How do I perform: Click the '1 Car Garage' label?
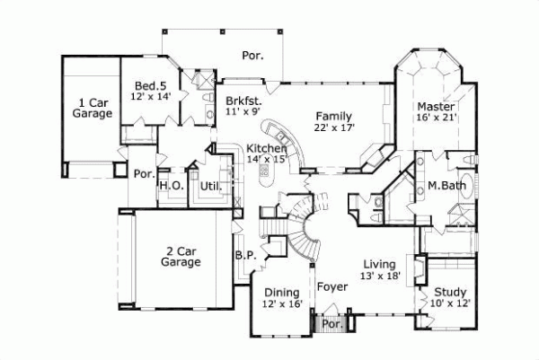(93, 108)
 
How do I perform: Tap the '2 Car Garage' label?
(181, 256)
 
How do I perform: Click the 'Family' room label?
(333, 116)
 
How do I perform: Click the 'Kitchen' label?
(267, 148)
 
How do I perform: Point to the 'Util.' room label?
(210, 186)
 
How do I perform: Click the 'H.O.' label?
(171, 186)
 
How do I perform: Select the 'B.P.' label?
(245, 255)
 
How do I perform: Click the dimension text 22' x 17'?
(335, 128)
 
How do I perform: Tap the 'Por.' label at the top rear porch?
(252, 56)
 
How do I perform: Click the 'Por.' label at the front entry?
(331, 323)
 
